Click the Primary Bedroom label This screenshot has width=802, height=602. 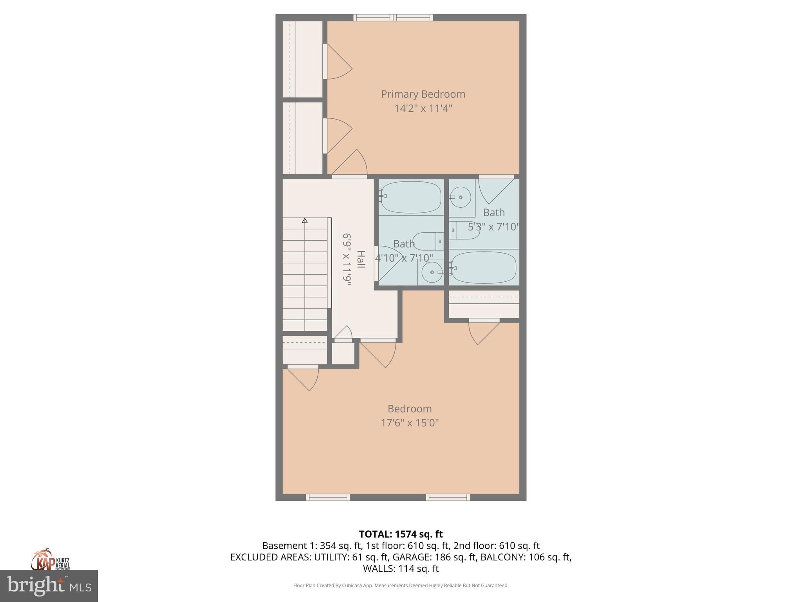point(423,94)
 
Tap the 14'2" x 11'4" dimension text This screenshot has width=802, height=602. point(423,109)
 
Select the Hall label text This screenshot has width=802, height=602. point(361,259)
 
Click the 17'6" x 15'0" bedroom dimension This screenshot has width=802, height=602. point(410,423)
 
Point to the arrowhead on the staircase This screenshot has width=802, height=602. point(305,221)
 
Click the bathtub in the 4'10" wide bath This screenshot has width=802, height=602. point(411,197)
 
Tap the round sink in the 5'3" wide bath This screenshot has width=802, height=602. point(461,197)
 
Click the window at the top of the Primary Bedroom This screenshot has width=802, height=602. point(393,17)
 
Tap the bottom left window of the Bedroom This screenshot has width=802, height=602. point(328,497)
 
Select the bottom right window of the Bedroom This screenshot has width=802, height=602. point(448,497)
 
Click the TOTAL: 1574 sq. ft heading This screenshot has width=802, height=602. point(401,534)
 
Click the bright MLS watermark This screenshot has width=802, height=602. point(49,586)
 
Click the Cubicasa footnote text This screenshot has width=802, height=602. point(401,586)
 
